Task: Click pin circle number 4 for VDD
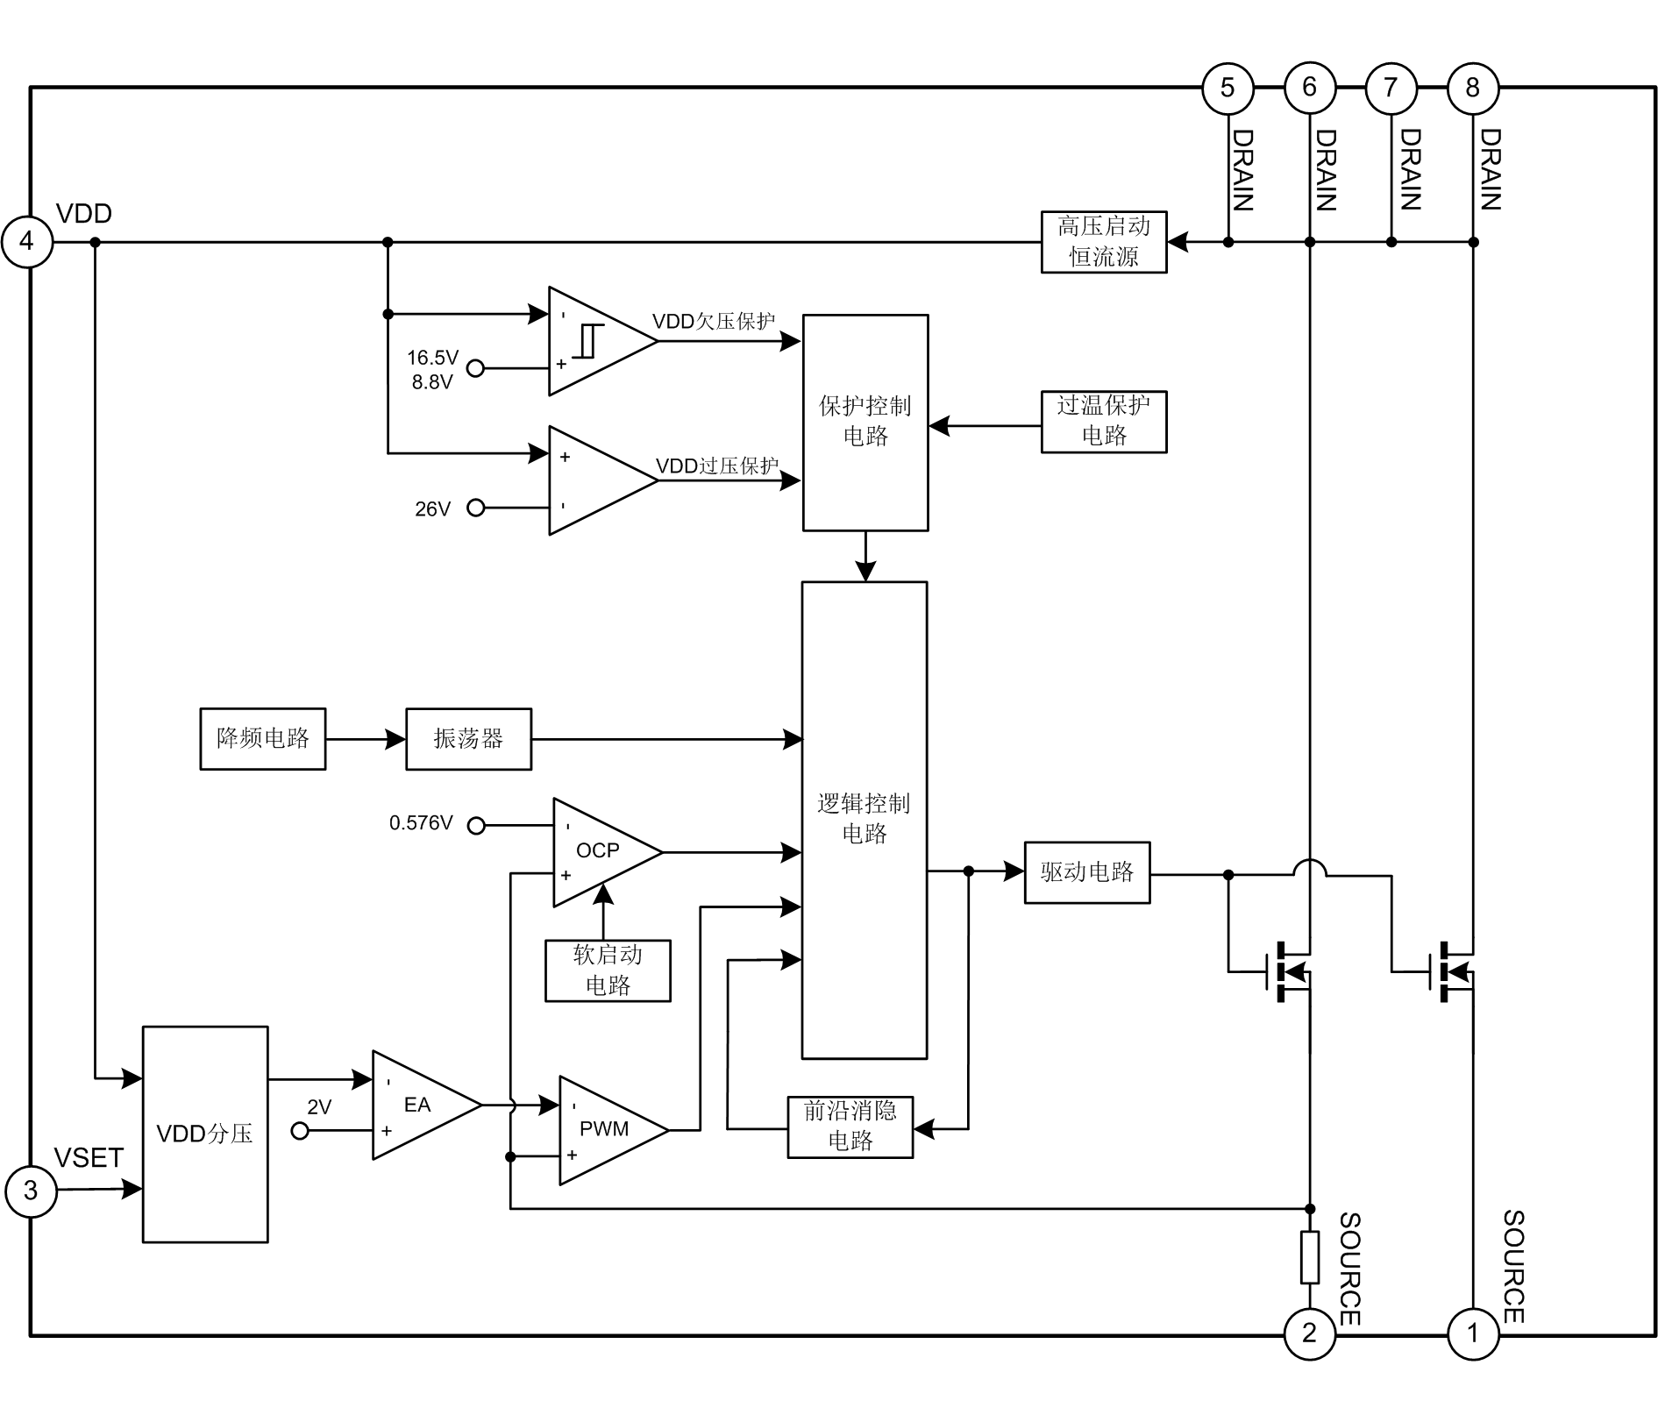(27, 242)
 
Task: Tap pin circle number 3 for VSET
(31, 1191)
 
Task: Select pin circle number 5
(1227, 88)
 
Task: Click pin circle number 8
(1473, 88)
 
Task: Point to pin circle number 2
(1309, 1333)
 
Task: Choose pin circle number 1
(1473, 1333)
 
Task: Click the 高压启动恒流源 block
(1103, 242)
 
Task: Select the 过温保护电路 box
(1103, 422)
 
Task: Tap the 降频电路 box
(262, 739)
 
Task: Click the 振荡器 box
(468, 739)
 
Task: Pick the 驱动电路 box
(1087, 872)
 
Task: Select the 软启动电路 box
(608, 971)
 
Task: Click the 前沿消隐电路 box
(850, 1127)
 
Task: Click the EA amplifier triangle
(417, 1105)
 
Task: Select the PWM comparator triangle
(605, 1130)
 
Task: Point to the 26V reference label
(432, 509)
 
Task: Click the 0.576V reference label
(421, 823)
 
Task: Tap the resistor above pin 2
(1309, 1257)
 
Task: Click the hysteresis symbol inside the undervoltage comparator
(588, 342)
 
